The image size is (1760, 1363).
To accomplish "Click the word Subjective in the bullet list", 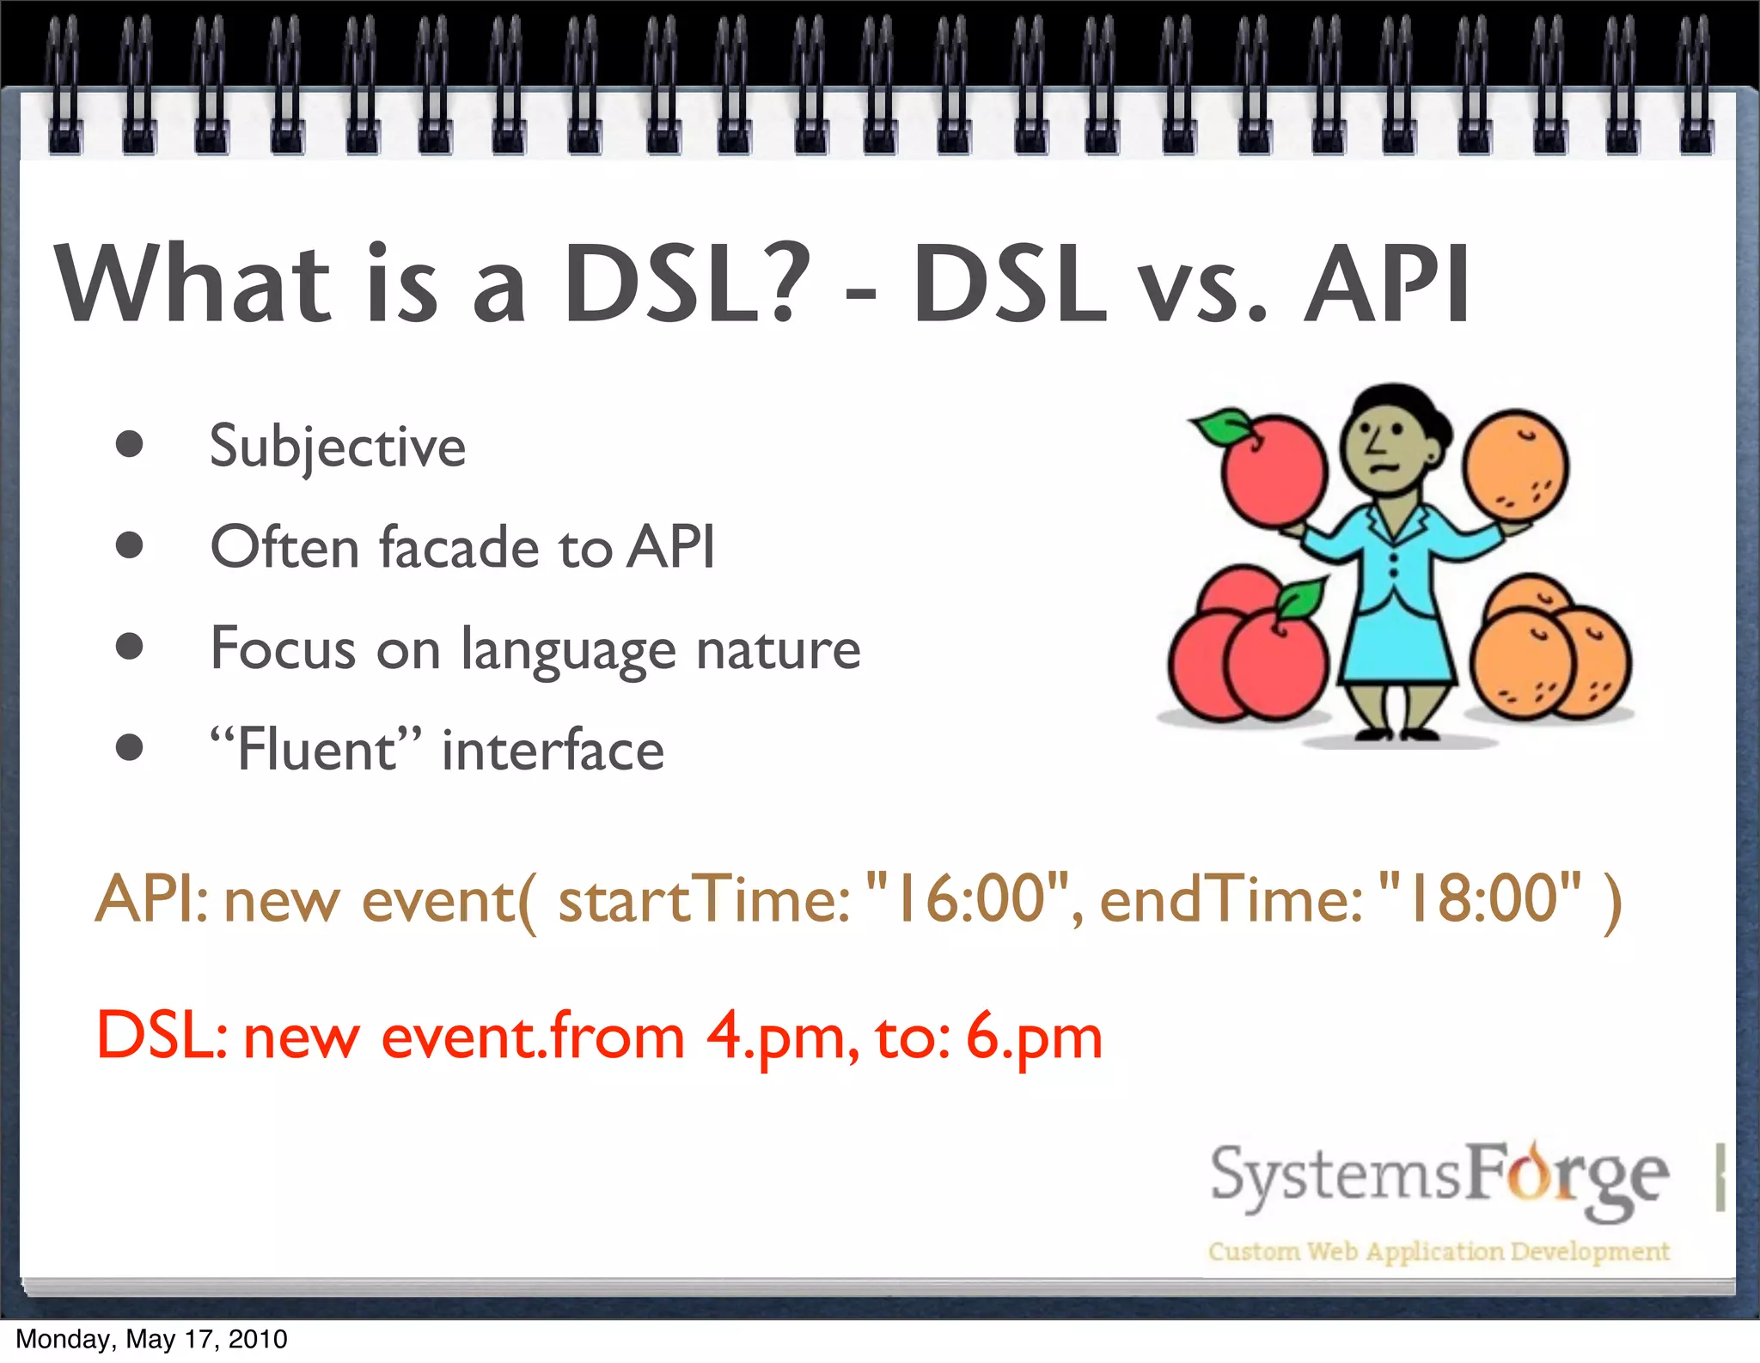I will pos(337,447).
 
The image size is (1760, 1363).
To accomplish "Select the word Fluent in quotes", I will pos(316,750).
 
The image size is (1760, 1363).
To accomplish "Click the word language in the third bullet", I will pos(568,650).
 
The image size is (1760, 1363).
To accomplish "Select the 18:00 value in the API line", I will pos(1482,898).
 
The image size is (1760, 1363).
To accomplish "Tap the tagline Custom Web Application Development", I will pos(1438,1251).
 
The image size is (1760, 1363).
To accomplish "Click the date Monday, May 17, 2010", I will pos(151,1339).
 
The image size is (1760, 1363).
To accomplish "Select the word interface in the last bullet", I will pos(553,750).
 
